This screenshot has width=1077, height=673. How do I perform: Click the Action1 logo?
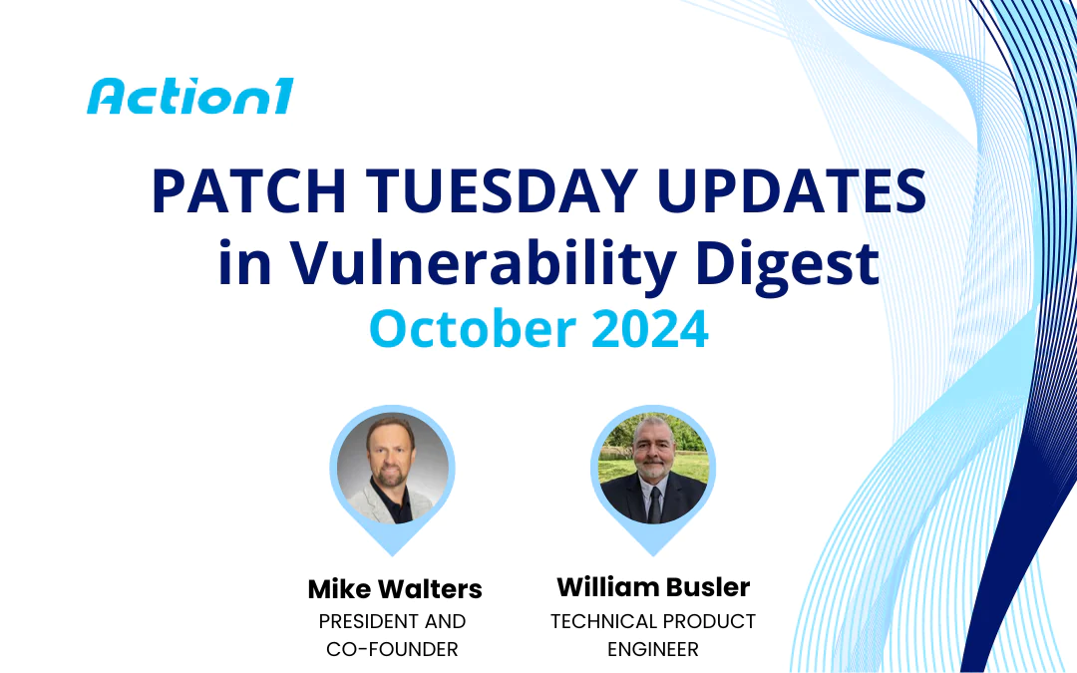click(189, 97)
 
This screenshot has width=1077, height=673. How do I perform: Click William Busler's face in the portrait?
click(653, 461)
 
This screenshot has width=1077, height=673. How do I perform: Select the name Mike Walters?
click(395, 589)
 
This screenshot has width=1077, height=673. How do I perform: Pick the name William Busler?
click(653, 586)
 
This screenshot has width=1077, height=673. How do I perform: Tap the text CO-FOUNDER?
click(392, 649)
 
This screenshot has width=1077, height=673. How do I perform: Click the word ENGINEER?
click(653, 649)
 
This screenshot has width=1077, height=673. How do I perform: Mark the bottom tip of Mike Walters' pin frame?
click(393, 555)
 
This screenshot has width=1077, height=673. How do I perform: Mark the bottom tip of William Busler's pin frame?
click(653, 555)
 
